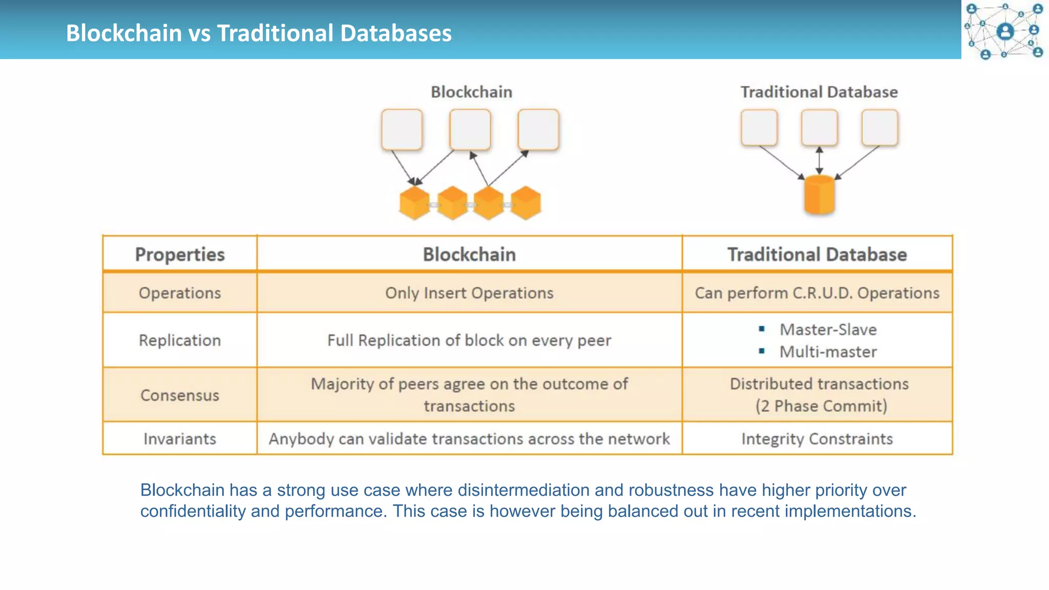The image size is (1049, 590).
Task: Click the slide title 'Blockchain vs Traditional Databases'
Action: (x=259, y=33)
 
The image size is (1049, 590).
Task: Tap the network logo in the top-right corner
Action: (x=1004, y=31)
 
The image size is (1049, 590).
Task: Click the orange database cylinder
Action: (x=820, y=195)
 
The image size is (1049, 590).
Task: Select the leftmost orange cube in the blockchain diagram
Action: (x=414, y=203)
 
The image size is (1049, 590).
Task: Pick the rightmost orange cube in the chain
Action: (x=526, y=203)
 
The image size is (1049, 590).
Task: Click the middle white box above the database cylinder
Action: (x=819, y=128)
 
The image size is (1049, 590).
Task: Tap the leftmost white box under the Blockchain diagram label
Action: (x=402, y=130)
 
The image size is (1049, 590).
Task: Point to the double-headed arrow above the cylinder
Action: (x=819, y=160)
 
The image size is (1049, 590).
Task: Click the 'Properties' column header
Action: (x=180, y=255)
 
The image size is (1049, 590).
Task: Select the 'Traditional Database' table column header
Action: (x=817, y=255)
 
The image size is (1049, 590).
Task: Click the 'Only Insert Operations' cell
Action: (x=469, y=293)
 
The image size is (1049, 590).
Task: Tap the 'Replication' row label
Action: (x=180, y=341)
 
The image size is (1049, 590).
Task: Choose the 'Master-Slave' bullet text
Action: (x=828, y=329)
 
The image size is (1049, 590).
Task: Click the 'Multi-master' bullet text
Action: (x=828, y=352)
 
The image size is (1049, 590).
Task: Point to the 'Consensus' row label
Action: (x=180, y=395)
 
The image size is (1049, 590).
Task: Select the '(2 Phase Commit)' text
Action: (x=821, y=406)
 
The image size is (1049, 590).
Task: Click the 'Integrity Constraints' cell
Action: (x=817, y=439)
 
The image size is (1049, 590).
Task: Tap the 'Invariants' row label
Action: (x=180, y=439)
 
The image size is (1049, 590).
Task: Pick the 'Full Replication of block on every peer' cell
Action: (x=469, y=341)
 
